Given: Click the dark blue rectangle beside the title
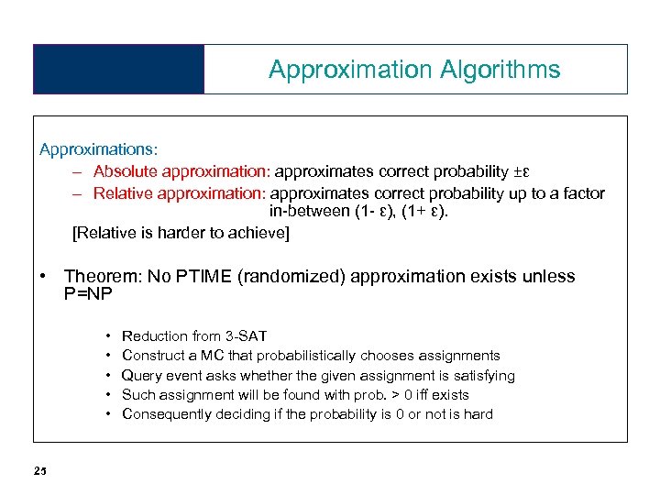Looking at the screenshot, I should (118, 70).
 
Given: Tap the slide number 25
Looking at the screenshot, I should (39, 471).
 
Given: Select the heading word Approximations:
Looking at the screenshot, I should (98, 148).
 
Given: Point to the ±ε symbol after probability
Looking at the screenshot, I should (522, 170).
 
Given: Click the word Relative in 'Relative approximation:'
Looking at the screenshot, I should (124, 192).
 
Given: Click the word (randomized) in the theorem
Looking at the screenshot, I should (289, 277).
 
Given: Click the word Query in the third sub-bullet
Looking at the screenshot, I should (141, 375).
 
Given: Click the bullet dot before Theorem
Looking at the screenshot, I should (44, 277).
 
